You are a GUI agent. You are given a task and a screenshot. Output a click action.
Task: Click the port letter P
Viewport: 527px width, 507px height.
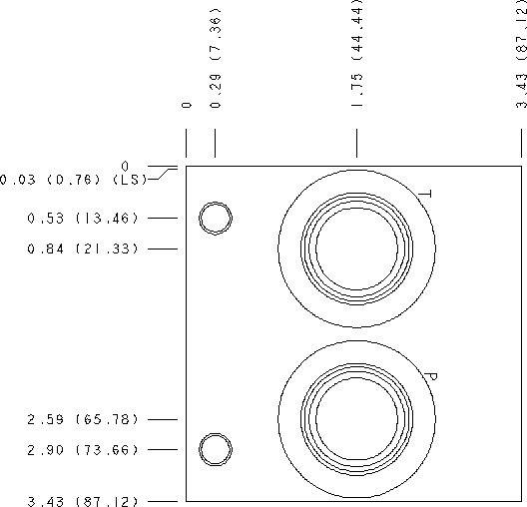[430, 377]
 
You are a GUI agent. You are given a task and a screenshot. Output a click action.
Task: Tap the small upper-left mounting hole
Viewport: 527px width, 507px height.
[216, 218]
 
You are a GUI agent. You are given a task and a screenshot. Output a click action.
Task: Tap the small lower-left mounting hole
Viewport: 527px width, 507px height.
[216, 450]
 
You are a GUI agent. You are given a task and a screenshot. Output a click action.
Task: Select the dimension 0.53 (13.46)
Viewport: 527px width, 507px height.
[83, 218]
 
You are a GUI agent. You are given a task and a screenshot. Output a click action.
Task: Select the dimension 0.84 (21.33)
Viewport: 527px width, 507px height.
[83, 249]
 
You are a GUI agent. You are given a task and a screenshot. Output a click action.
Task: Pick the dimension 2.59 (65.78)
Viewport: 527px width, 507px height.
[83, 420]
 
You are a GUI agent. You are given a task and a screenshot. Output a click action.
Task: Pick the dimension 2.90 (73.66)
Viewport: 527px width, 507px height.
[83, 450]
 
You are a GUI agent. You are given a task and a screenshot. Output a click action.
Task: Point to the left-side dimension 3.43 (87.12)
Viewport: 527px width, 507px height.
[83, 501]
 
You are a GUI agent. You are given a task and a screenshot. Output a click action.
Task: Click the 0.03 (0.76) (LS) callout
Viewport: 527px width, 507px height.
[74, 180]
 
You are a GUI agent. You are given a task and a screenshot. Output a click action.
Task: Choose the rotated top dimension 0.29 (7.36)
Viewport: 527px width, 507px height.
[216, 58]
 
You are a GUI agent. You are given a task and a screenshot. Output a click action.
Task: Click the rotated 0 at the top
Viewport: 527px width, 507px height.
[187, 105]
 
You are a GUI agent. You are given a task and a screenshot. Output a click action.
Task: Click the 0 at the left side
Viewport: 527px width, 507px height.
[125, 166]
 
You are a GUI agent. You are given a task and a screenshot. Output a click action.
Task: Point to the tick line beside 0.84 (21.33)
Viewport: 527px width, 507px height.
[162, 249]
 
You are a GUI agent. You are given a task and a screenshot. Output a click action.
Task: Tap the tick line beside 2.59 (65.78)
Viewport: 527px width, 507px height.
[162, 420]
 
